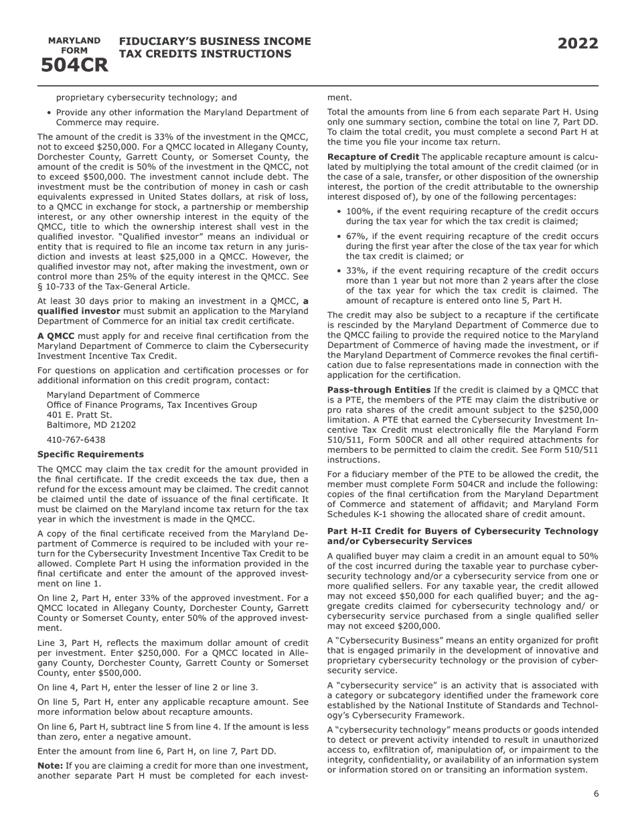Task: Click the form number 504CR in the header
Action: (x=74, y=66)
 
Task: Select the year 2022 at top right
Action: (x=578, y=44)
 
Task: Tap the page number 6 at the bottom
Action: (x=596, y=794)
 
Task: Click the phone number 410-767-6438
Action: (x=76, y=440)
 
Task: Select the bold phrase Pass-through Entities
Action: (x=378, y=389)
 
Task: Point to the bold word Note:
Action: (x=50, y=765)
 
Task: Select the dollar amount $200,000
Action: (x=418, y=626)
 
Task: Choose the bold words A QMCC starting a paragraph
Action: (x=56, y=336)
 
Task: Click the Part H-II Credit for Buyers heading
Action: (x=462, y=531)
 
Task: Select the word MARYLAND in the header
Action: (x=74, y=40)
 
